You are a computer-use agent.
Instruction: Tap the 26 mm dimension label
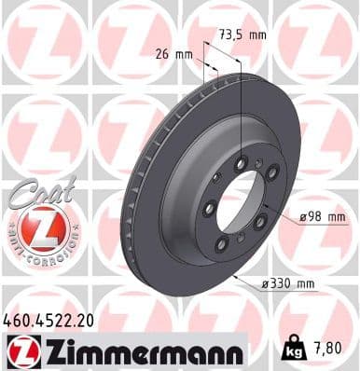click(x=177, y=54)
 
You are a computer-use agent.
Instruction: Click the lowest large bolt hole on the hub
click(x=222, y=244)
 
